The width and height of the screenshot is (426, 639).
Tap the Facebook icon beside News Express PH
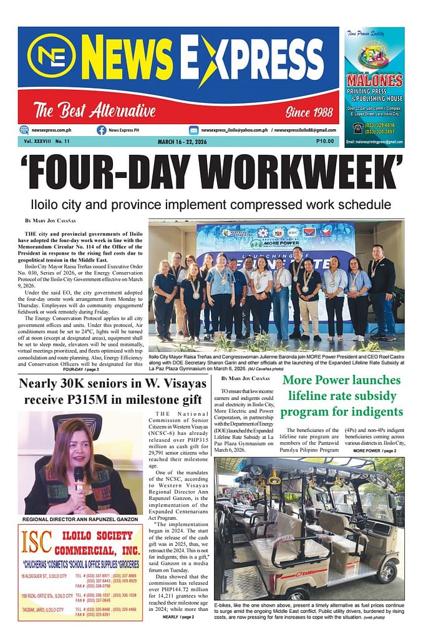pos(101,130)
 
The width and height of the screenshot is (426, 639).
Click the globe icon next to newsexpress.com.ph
pos(24,130)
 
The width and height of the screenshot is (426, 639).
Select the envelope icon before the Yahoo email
pos(193,130)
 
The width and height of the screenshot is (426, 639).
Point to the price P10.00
pos(325,142)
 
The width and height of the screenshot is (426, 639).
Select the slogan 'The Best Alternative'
pos(94,112)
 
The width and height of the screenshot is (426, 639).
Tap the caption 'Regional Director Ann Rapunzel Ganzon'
pos(80,519)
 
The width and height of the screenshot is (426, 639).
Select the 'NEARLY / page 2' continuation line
pos(178,617)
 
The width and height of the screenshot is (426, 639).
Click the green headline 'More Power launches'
pos(341,380)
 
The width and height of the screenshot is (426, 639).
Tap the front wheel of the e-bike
pos(390,570)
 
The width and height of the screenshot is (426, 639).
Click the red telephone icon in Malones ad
pos(357,127)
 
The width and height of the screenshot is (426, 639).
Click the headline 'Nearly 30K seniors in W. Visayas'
pos(110,383)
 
